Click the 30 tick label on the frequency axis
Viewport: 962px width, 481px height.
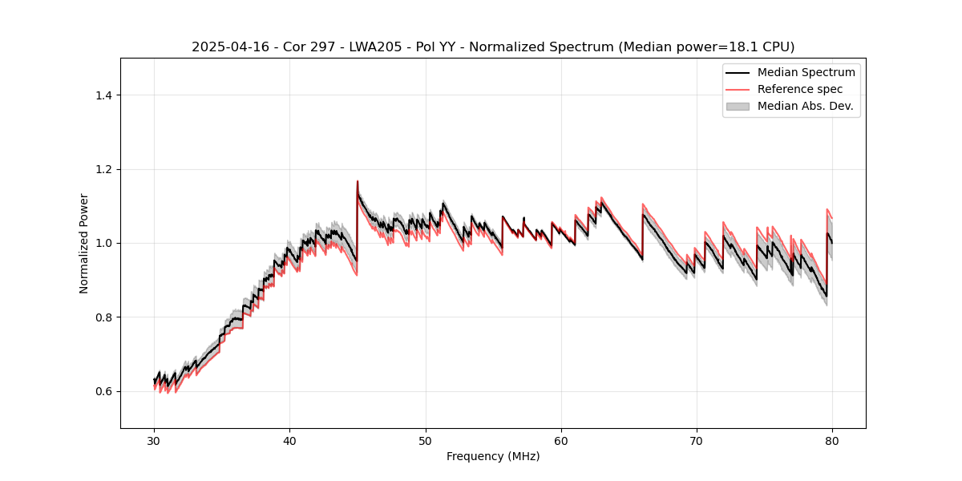[x=154, y=440]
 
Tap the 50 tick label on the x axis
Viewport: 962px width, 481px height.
[x=426, y=440]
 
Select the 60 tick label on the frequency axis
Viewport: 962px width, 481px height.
[x=561, y=440]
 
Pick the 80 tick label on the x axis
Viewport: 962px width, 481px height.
[x=832, y=440]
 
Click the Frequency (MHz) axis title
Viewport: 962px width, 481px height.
[x=493, y=456]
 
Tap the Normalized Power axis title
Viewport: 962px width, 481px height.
[x=84, y=243]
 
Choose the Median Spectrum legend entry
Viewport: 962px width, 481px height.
[x=806, y=72]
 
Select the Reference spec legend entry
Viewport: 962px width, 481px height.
[x=800, y=89]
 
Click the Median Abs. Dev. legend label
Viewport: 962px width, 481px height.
[x=805, y=106]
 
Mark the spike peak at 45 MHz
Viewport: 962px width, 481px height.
[x=358, y=181]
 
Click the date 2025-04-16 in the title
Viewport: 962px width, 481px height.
[x=226, y=47]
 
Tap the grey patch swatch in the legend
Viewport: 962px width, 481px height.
[x=738, y=106]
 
